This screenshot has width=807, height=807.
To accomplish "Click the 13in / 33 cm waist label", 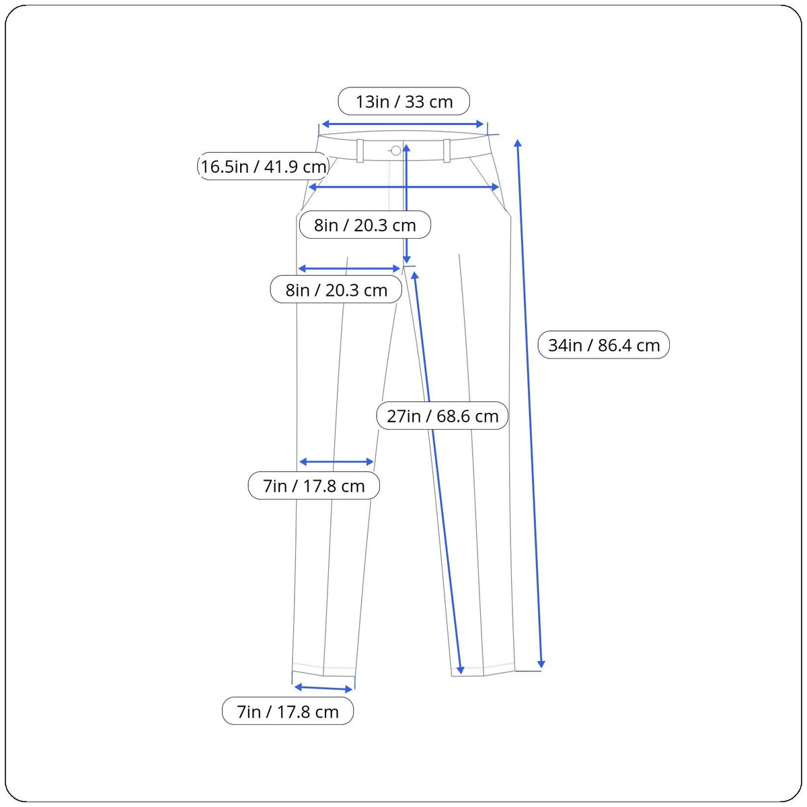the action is tap(403, 102).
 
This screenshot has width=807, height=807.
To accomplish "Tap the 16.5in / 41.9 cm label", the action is tap(264, 166).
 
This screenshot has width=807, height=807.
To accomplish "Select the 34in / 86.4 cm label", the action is tap(603, 345).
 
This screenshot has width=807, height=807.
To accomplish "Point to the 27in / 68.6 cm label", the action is tap(443, 416).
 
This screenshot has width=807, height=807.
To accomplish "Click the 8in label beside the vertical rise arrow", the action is tap(364, 225).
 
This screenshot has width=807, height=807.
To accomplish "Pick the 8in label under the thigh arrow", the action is tap(336, 290).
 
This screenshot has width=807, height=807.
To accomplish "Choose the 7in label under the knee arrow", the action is tap(313, 486).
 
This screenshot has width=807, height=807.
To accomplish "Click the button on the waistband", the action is tap(395, 151).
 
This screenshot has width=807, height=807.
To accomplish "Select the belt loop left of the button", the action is tap(360, 151).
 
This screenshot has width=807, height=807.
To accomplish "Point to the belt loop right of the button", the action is tap(447, 151).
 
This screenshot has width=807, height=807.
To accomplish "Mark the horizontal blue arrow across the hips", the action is tap(403, 187).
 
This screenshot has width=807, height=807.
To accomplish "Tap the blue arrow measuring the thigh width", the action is tap(349, 268).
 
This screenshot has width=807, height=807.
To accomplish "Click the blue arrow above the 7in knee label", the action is tap(336, 462).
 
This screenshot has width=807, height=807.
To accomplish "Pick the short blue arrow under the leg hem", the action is tap(323, 688).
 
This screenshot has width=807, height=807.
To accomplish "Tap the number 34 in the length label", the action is tap(558, 345).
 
